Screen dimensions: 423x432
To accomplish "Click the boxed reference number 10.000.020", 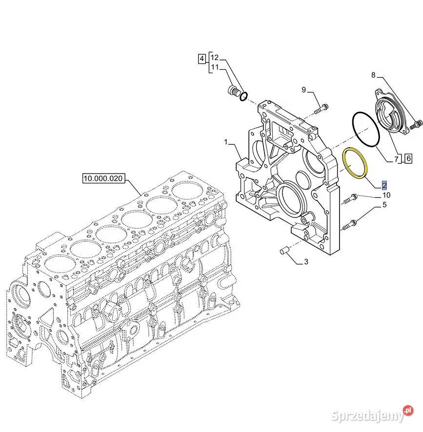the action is pyautogui.click(x=103, y=178).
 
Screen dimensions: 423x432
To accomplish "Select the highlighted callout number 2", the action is pyautogui.click(x=384, y=185).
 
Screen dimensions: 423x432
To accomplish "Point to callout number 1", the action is pyautogui.click(x=226, y=142).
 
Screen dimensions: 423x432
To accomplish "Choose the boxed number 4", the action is pyautogui.click(x=202, y=59).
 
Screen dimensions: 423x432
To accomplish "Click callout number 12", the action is pyautogui.click(x=215, y=58).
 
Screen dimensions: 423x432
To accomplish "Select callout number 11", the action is pyautogui.click(x=215, y=67).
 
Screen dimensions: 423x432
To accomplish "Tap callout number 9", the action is pyautogui.click(x=303, y=90).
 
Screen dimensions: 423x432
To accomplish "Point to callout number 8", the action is pyautogui.click(x=373, y=75).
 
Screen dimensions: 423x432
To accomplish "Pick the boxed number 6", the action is pyautogui.click(x=408, y=158).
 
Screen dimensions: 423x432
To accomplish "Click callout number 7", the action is pyautogui.click(x=397, y=159).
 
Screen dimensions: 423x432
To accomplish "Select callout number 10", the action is pyautogui.click(x=386, y=195).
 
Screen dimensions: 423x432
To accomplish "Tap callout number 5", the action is pyautogui.click(x=384, y=205).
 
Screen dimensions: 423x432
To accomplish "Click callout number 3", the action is pyautogui.click(x=306, y=261).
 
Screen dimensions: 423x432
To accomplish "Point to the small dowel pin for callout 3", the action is pyautogui.click(x=284, y=251).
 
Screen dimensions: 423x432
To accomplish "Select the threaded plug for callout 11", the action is pyautogui.click(x=234, y=91).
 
